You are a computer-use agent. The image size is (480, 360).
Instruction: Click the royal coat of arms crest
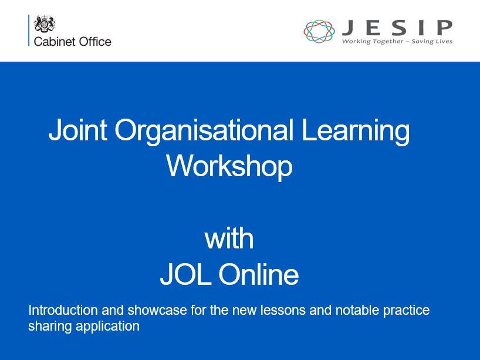click(45, 23)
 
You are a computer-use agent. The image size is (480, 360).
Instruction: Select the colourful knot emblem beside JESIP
click(319, 31)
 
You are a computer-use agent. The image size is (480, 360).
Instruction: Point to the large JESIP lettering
click(397, 28)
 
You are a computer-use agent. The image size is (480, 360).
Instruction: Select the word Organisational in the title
click(204, 131)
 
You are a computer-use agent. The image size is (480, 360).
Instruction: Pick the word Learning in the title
click(356, 131)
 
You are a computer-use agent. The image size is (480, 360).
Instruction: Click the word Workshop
click(229, 166)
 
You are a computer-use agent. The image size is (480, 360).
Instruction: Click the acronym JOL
click(185, 274)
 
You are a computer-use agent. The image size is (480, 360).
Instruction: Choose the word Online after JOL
click(258, 274)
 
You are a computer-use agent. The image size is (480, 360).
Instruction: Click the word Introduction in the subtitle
click(63, 310)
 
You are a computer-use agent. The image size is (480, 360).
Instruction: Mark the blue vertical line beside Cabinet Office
click(29, 30)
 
